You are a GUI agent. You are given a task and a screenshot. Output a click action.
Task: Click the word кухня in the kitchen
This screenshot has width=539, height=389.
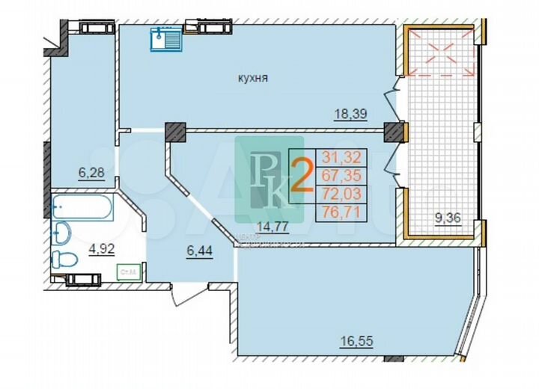[253, 78]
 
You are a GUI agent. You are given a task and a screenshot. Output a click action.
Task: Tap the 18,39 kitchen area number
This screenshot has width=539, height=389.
[351, 114]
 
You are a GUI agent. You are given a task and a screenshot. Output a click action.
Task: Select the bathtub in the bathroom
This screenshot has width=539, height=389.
[82, 206]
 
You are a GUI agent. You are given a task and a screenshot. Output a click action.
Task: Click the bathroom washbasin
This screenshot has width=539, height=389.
[63, 232]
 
